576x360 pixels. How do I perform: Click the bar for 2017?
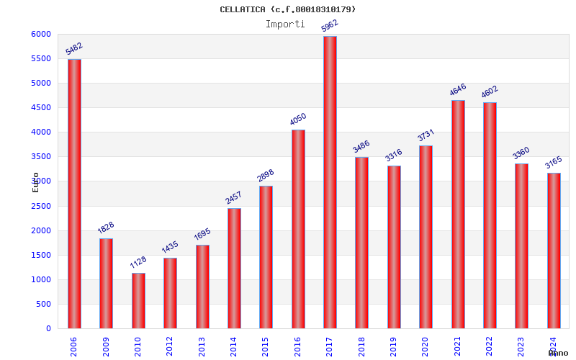pos(330,182)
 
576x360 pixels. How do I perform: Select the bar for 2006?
pos(74,194)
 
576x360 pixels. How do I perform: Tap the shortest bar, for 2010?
pos(138,300)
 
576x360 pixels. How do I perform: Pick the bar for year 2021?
pos(458,214)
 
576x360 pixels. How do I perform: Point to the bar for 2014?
pos(234,268)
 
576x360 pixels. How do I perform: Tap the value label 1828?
pos(106,229)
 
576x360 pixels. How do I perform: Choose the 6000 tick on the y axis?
pos(41,35)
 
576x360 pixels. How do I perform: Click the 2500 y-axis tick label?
pos(41,206)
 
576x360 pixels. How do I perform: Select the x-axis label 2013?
pos(202,346)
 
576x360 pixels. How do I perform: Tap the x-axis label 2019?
pos(393,346)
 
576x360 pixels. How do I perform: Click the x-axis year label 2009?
pos(106,346)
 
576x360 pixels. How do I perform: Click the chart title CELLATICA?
pos(287,9)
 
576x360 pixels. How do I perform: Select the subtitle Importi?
pos(285,24)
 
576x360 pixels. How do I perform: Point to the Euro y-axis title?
pos(35,181)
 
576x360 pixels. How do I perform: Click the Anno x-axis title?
pos(558,353)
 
